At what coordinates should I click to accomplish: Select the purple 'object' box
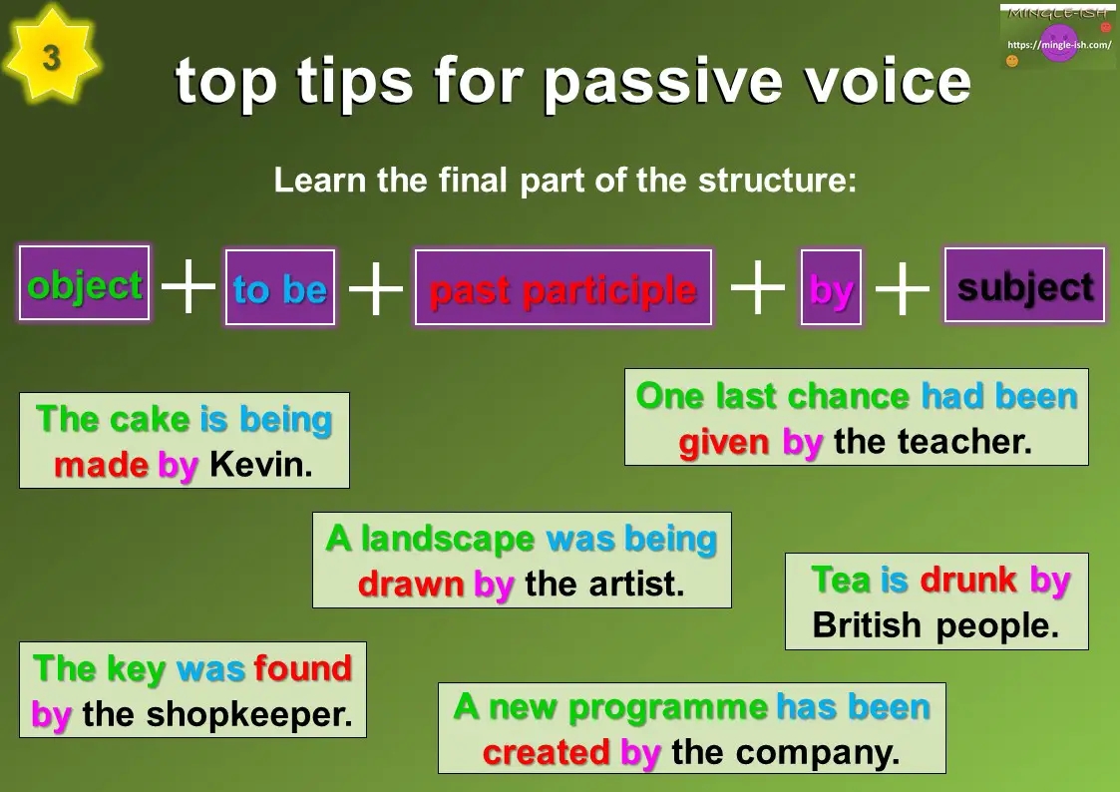(85, 284)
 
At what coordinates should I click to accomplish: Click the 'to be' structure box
(280, 288)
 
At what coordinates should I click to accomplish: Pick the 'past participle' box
(562, 288)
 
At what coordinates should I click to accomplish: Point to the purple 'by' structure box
(831, 288)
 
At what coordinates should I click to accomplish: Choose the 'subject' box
(1024, 286)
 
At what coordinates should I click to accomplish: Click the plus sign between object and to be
(187, 287)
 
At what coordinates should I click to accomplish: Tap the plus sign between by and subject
(903, 288)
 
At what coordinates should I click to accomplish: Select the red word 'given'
(724, 441)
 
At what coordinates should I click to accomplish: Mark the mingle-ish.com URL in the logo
(1059, 45)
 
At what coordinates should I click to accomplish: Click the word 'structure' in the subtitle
(777, 181)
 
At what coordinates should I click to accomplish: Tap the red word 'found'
(303, 667)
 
